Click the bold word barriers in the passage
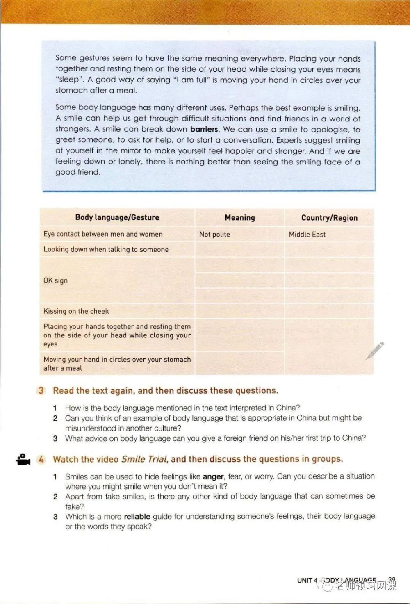[x=204, y=129]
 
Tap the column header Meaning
[x=240, y=218]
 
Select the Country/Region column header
[x=329, y=218]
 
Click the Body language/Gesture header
[x=117, y=217]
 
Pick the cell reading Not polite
[x=214, y=235]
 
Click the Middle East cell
[x=307, y=235]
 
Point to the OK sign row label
[x=56, y=280]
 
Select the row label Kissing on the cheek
[x=76, y=311]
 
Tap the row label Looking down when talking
[x=106, y=249]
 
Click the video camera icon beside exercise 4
[x=23, y=459]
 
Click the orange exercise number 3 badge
[x=41, y=390]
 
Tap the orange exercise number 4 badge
[x=41, y=459]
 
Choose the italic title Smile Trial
[x=144, y=459]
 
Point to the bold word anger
[x=213, y=476]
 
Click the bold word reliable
[x=137, y=516]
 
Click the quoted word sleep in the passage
[x=69, y=80]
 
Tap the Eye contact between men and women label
[x=103, y=234]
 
